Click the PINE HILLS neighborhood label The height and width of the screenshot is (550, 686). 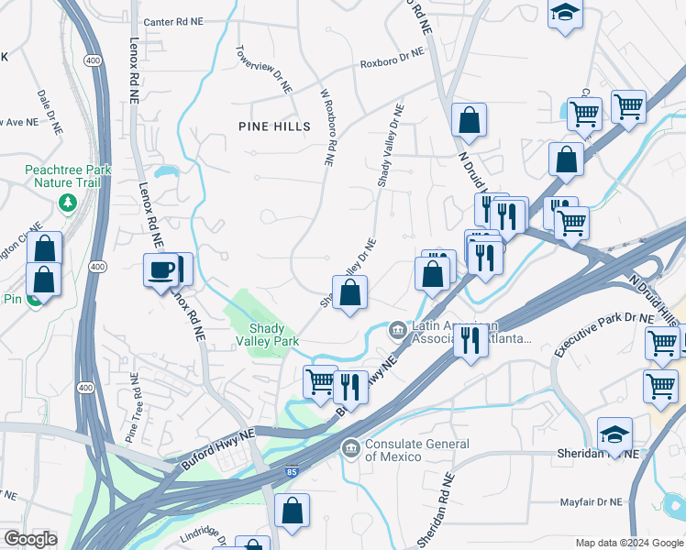(x=272, y=126)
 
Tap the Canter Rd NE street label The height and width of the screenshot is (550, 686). (x=176, y=22)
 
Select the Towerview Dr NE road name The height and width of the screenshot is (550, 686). (x=263, y=70)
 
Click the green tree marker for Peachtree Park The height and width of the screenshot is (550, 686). (x=66, y=202)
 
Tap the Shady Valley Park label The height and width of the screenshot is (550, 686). (x=274, y=335)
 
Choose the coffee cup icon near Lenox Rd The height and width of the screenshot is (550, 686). (x=162, y=270)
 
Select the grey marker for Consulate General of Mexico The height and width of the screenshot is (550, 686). (x=349, y=447)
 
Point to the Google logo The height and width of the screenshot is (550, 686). (x=30, y=539)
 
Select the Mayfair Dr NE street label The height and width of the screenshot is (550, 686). (x=591, y=502)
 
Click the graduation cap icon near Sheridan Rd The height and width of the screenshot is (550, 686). (x=614, y=434)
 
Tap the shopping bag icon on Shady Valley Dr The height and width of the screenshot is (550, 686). (x=349, y=293)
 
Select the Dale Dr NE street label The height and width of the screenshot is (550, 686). (x=49, y=107)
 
